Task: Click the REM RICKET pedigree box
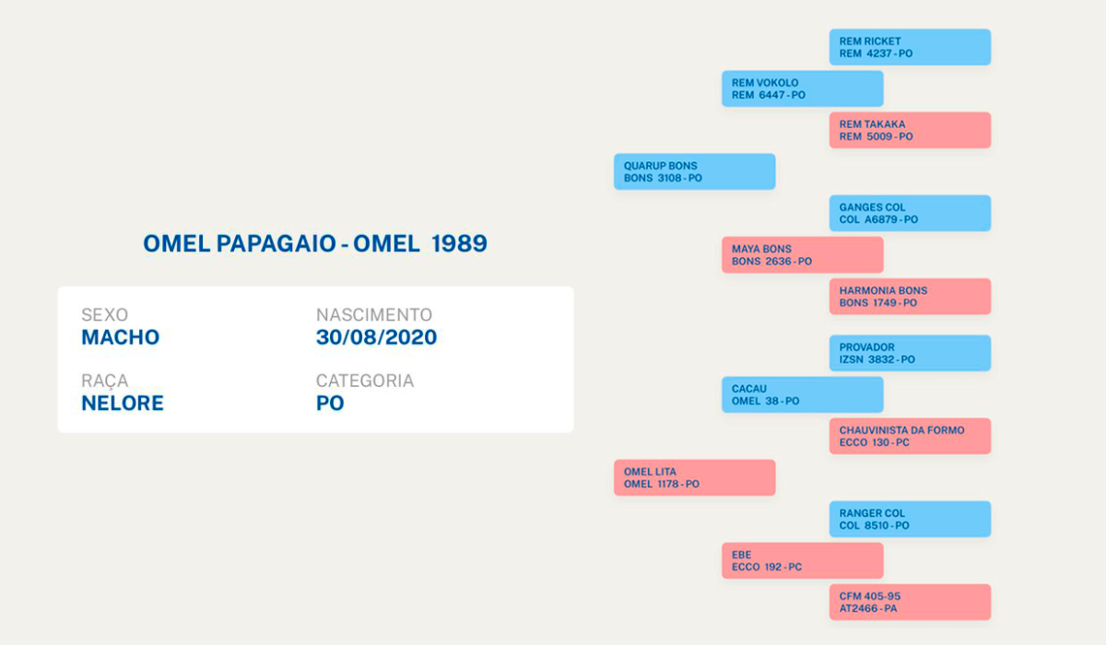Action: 910,47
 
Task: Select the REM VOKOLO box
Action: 803,88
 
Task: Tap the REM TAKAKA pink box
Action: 910,130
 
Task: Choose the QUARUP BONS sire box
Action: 695,171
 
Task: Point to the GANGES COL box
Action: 910,213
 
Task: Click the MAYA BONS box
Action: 803,254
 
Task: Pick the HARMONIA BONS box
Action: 910,297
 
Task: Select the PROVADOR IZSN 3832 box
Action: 910,353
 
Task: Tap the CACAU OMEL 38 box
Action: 803,394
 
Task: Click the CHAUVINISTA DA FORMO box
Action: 910,436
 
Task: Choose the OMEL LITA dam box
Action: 695,477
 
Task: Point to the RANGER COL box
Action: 910,519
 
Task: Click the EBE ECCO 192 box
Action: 803,560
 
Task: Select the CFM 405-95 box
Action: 910,602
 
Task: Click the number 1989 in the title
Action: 459,243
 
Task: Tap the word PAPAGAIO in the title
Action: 276,243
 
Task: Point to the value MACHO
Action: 121,337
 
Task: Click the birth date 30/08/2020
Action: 377,337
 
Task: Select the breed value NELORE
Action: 123,404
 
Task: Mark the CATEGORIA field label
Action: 365,381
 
